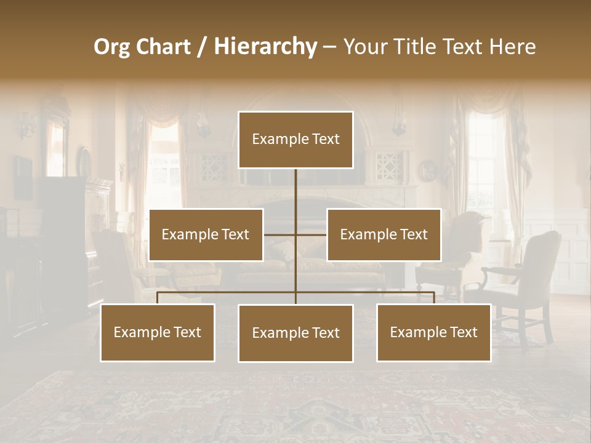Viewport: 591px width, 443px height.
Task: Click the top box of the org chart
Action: click(x=295, y=140)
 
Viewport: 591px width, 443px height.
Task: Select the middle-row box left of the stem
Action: click(x=206, y=235)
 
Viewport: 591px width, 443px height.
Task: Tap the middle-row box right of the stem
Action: click(x=384, y=235)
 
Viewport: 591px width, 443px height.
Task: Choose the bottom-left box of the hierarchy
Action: click(x=158, y=333)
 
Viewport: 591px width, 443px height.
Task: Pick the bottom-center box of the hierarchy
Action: click(x=295, y=333)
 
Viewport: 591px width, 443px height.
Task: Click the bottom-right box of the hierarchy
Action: click(x=433, y=333)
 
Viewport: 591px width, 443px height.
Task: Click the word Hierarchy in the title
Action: click(x=265, y=47)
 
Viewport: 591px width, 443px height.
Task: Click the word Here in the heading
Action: click(x=512, y=47)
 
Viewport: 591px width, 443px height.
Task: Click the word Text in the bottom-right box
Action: click(x=464, y=333)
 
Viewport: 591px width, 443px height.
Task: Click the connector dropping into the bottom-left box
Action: click(x=158, y=298)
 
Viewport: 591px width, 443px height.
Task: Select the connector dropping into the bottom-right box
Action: click(x=433, y=298)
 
